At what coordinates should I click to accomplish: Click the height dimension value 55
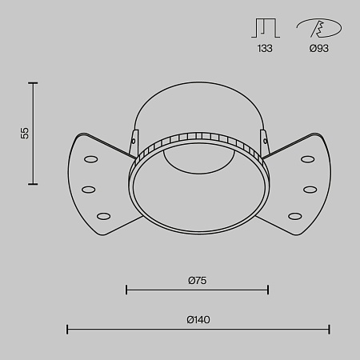[x=25, y=133]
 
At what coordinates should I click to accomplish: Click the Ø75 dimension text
[x=198, y=280]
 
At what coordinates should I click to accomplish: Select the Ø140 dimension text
[x=198, y=319]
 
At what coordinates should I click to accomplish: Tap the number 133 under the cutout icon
[x=264, y=49]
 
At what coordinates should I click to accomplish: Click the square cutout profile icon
[x=264, y=29]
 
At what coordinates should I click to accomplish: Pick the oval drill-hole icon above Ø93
[x=320, y=29]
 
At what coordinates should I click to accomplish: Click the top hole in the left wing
[x=90, y=158]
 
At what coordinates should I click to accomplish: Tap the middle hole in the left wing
[x=89, y=189]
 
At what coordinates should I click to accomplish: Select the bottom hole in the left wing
[x=103, y=215]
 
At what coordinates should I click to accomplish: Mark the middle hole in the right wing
[x=309, y=189]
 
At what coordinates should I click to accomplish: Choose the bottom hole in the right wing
[x=295, y=215]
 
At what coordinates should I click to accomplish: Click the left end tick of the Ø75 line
[x=127, y=290]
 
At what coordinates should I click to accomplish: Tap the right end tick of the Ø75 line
[x=268, y=290]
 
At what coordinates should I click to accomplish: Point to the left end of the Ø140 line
[x=67, y=328]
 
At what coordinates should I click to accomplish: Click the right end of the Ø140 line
[x=330, y=328]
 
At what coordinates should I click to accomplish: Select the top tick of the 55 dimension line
[x=34, y=82]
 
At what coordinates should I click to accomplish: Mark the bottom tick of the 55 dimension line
[x=34, y=184]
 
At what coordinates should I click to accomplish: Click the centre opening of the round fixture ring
[x=198, y=192]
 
